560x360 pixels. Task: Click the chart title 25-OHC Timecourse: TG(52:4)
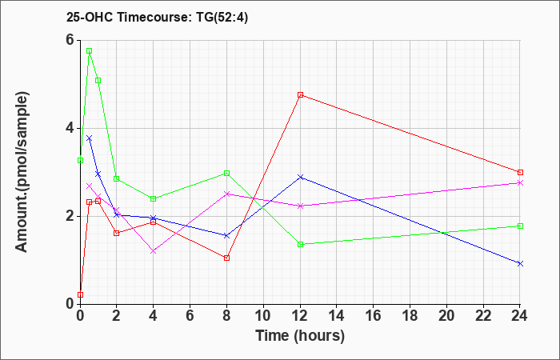click(157, 18)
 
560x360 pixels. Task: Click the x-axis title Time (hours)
click(300, 336)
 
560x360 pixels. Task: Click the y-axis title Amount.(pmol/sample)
click(22, 172)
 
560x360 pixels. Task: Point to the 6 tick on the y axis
click(69, 40)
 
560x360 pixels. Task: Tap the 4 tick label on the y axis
click(69, 128)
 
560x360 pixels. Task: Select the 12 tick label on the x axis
click(300, 316)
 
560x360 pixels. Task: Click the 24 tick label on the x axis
click(520, 316)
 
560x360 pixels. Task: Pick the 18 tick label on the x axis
click(410, 316)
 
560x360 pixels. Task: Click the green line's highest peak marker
click(90, 50)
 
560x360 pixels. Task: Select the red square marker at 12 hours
click(300, 95)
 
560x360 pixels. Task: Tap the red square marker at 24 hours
click(520, 173)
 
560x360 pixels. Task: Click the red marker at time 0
click(80, 294)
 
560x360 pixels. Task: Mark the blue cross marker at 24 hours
click(520, 263)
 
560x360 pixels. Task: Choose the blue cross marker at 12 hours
click(300, 177)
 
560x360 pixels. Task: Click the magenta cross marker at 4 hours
click(154, 251)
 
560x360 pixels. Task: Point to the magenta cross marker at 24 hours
click(520, 183)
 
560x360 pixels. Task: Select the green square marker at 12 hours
click(300, 244)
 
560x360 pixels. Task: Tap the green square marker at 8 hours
click(226, 174)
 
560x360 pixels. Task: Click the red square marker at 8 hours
click(226, 258)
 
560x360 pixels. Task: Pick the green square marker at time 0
click(80, 160)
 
